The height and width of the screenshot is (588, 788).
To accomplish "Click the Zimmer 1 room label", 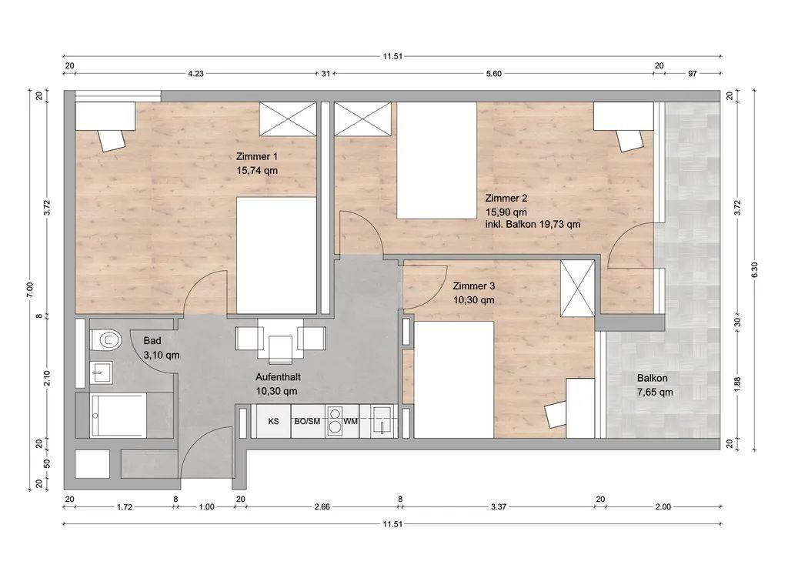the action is click(x=256, y=157).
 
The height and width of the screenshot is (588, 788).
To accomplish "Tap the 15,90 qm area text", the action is click(x=506, y=212).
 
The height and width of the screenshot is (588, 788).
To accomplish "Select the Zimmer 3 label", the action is click(x=473, y=286).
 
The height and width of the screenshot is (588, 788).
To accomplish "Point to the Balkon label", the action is click(x=653, y=378).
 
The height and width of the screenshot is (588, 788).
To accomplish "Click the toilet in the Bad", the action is click(x=106, y=340).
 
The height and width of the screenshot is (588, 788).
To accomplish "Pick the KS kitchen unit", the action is click(x=273, y=421).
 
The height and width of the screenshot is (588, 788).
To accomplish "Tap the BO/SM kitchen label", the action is click(x=307, y=421).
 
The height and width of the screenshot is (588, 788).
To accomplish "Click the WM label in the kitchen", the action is click(x=351, y=421).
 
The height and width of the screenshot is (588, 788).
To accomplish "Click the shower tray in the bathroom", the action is click(x=118, y=415).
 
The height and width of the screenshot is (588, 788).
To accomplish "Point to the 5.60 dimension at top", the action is click(x=493, y=73).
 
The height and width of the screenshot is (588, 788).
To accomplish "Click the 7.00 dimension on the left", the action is click(x=29, y=290).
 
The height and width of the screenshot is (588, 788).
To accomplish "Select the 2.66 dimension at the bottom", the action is click(x=322, y=506).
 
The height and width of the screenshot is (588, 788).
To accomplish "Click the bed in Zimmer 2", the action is click(x=437, y=160).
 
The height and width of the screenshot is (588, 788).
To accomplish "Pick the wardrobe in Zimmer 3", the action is click(x=577, y=289).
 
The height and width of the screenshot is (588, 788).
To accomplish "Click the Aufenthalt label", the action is click(x=278, y=377).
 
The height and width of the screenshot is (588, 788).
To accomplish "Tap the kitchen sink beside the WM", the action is click(x=386, y=421).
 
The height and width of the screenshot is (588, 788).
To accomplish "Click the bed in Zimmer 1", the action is click(x=276, y=256).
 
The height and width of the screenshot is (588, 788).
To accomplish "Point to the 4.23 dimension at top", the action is click(x=195, y=73).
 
